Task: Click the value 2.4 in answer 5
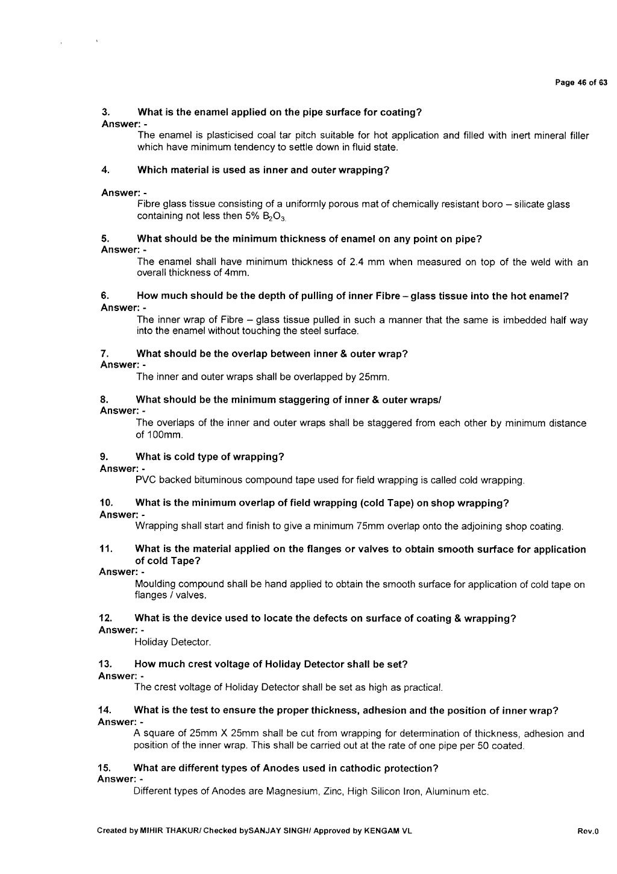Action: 358,262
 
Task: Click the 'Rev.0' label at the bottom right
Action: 587,832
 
